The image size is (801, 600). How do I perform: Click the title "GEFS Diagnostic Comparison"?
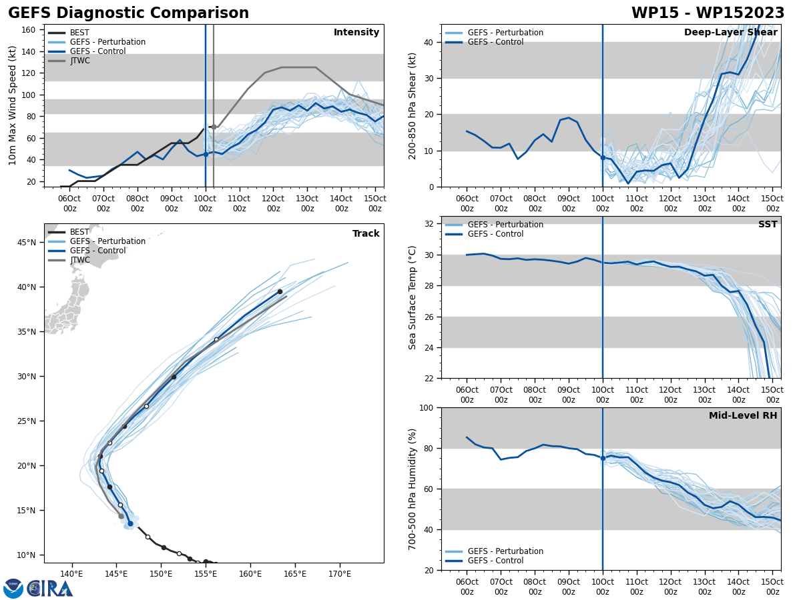(128, 13)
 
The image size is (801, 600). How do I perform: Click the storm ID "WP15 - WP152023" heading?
(708, 13)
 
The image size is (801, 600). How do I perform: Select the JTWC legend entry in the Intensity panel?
(79, 61)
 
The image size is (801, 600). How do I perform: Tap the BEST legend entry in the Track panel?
(79, 232)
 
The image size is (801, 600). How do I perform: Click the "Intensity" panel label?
(356, 33)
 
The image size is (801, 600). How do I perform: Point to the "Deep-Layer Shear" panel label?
(730, 33)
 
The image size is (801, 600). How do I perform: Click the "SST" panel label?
(768, 225)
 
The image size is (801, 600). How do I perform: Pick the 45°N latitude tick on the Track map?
(26, 243)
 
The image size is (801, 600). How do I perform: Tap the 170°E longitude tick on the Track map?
(340, 574)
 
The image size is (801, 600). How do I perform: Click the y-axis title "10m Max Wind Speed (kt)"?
(13, 106)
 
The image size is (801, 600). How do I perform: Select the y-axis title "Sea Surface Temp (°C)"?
(413, 297)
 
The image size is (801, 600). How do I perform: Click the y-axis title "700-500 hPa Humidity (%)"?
(413, 489)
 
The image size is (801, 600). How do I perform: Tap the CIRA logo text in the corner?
(49, 589)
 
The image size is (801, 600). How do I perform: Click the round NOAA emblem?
(13, 589)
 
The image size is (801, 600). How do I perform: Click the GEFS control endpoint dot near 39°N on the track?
(280, 291)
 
